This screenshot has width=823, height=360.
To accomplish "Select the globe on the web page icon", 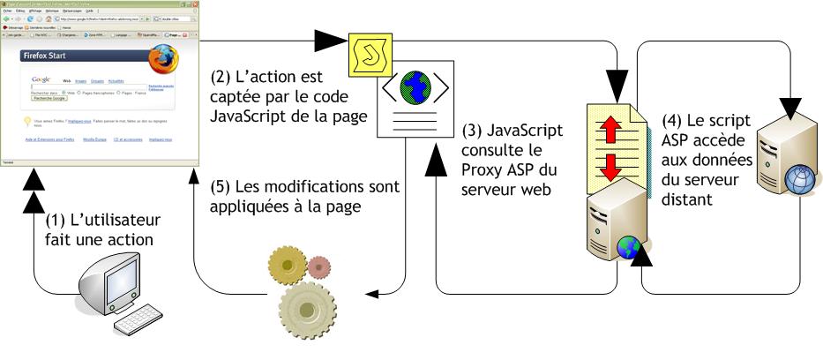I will pyautogui.click(x=413, y=86).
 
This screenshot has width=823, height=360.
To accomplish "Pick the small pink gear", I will pyautogui.click(x=320, y=264).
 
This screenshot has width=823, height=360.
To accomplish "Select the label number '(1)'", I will pyautogui.click(x=58, y=220).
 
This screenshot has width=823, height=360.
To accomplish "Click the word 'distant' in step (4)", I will pyautogui.click(x=691, y=201).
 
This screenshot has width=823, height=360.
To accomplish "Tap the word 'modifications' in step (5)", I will pyautogui.click(x=319, y=187).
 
